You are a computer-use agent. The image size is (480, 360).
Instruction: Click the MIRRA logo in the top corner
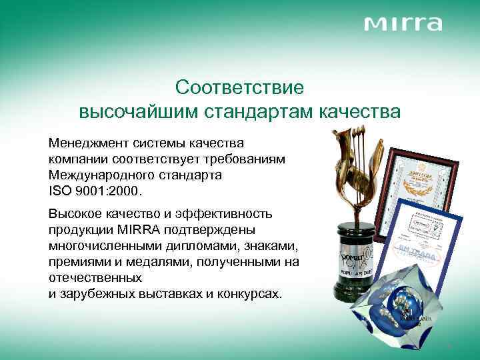[x=403, y=25]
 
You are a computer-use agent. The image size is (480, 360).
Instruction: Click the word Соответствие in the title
[x=239, y=87]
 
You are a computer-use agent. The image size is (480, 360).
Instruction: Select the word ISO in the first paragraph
[x=59, y=191]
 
